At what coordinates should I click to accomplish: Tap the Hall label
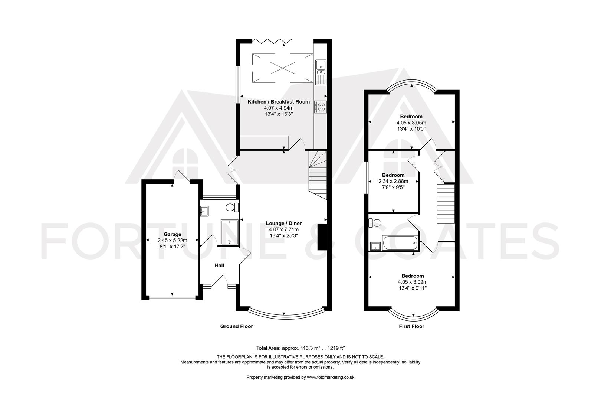coord(219,265)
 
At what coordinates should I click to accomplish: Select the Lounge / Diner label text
coord(284,223)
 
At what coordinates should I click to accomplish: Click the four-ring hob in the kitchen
coord(321,107)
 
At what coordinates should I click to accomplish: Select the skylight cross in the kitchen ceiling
coord(282,68)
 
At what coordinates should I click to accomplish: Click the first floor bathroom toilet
coord(375,223)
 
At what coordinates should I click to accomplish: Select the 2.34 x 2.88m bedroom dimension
coord(393,181)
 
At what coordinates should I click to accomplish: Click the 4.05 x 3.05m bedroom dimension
coord(411,123)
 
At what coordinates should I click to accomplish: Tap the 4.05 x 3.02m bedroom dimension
coord(412,282)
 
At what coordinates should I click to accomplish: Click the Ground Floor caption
coord(236,326)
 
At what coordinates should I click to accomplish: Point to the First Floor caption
coord(411,326)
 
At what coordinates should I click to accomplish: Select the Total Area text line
coord(300,348)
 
